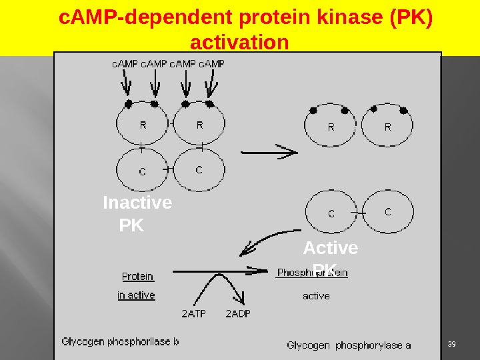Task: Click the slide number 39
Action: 451,343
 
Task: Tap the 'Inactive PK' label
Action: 137,213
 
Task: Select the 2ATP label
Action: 194,313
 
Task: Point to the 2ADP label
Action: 238,313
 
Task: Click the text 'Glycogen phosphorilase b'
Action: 120,342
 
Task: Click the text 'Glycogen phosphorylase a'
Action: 349,345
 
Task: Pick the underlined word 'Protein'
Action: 137,276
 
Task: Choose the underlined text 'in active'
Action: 136,295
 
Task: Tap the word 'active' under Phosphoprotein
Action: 316,295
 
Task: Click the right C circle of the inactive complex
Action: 199,170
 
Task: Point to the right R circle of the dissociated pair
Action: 387,127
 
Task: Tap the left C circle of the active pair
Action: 331,213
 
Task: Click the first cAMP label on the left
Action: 125,64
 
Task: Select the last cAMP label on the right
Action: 212,64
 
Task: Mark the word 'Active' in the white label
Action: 330,248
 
